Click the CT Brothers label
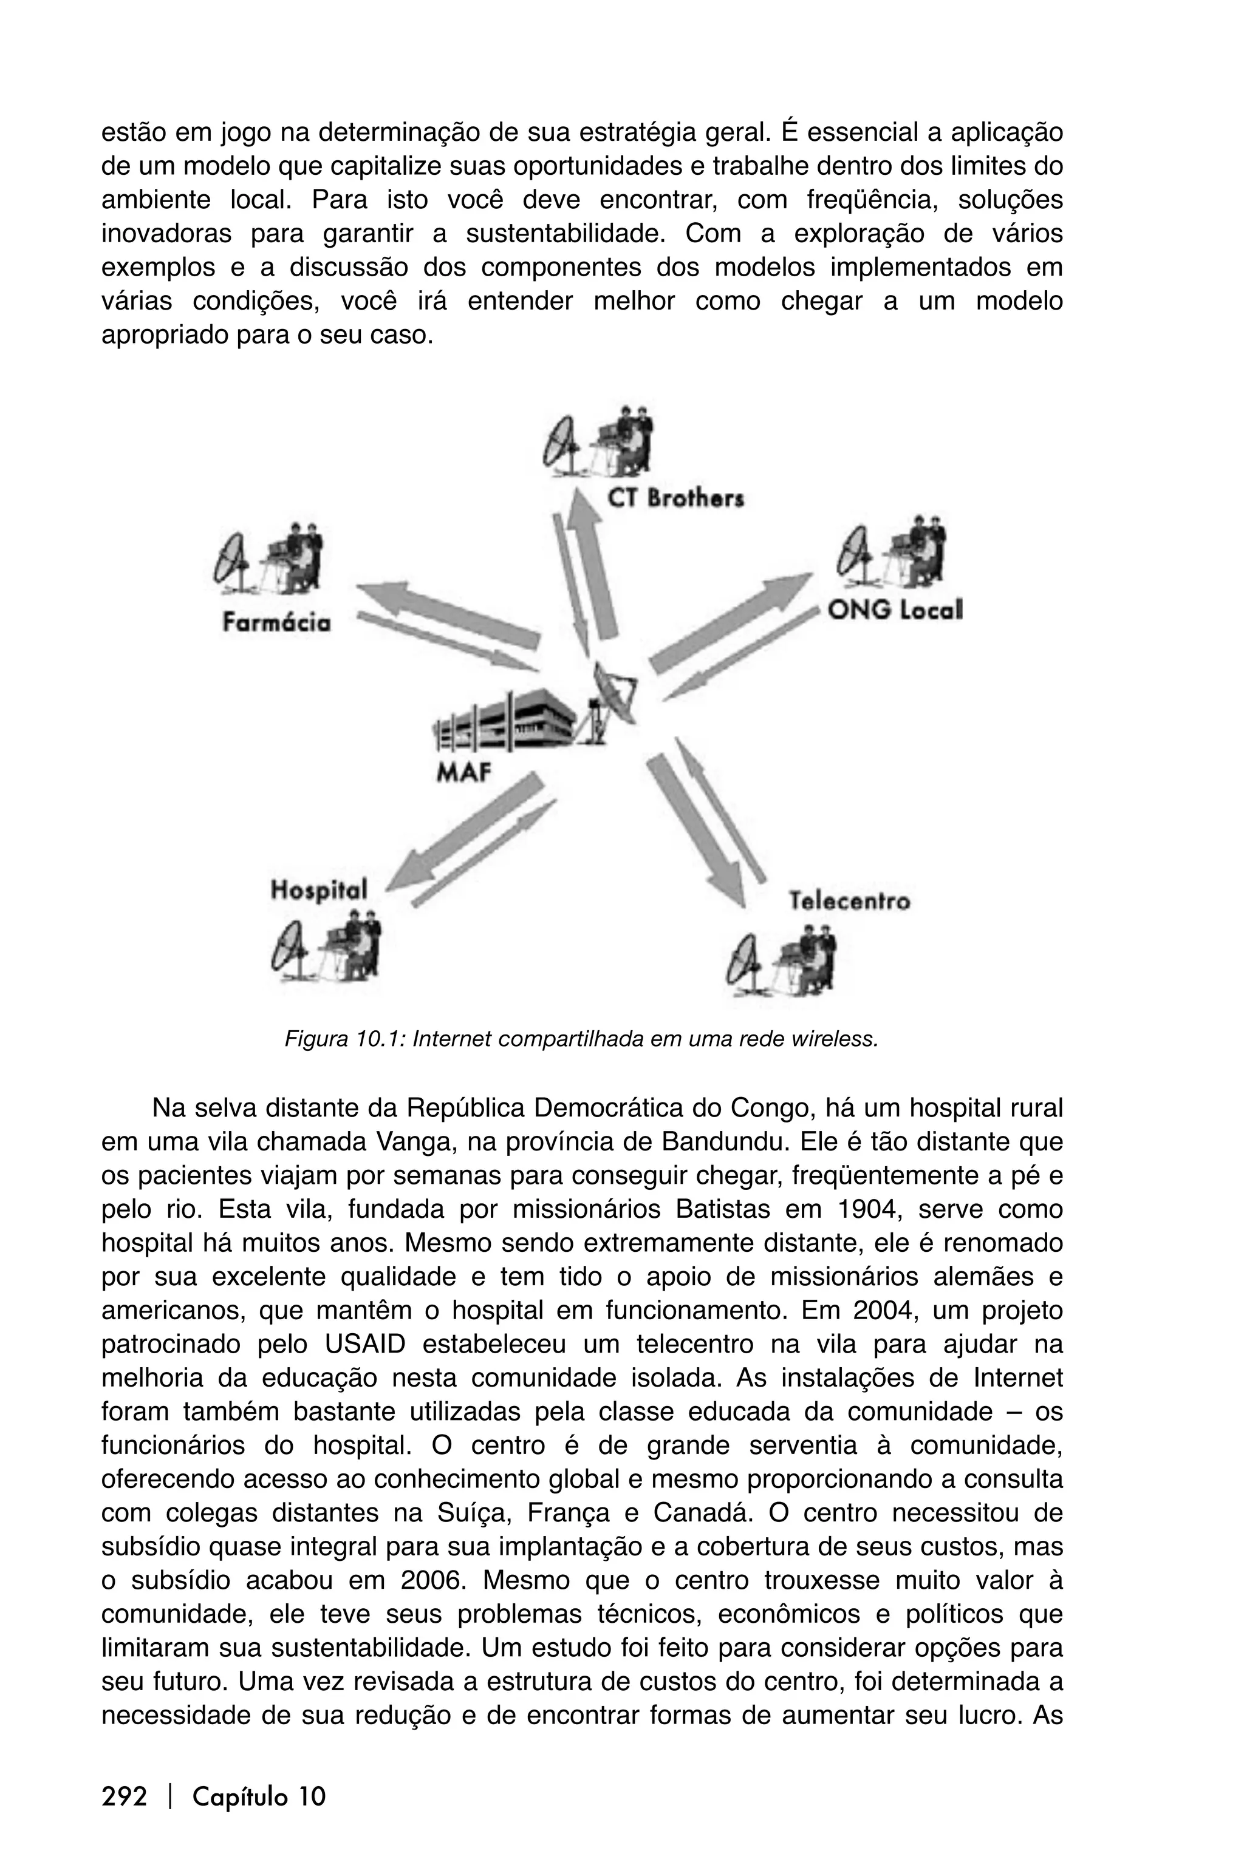coord(675,499)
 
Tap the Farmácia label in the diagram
coord(276,623)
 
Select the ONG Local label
coord(894,610)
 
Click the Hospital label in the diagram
coord(319,889)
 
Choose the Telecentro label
coord(849,902)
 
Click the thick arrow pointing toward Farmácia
coord(448,611)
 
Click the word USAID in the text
coord(364,1345)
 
